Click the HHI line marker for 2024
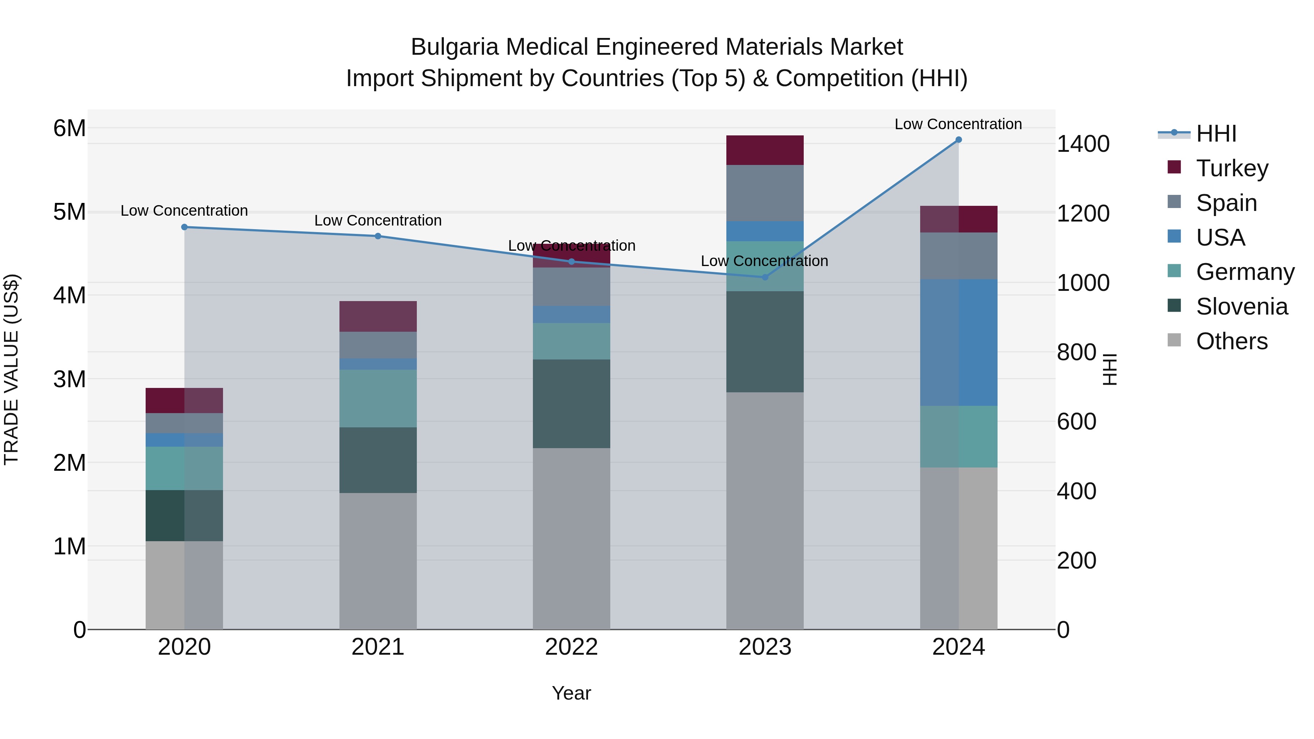point(958,139)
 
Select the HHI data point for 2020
point(184,227)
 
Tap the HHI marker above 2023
point(765,277)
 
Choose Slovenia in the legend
point(1241,307)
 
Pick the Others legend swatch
point(1174,340)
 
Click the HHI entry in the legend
point(1215,134)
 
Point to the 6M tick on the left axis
point(69,128)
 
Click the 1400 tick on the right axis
point(1083,144)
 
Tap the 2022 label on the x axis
point(571,647)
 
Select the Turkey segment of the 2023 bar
point(765,150)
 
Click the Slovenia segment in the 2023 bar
point(765,341)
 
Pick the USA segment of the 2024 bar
point(958,342)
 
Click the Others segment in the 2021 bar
point(378,561)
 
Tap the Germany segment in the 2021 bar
point(378,398)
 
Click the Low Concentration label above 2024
point(958,124)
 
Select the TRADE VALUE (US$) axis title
point(11,369)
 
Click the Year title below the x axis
point(571,693)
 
